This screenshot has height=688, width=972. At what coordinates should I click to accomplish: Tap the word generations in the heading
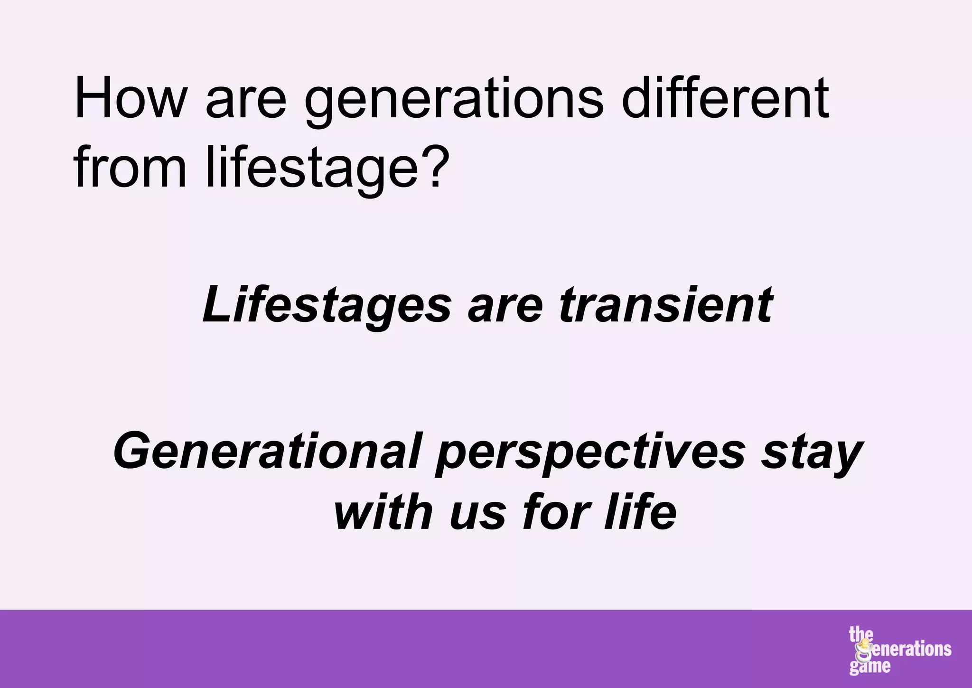[x=453, y=102]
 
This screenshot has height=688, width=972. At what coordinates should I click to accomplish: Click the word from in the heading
[x=130, y=169]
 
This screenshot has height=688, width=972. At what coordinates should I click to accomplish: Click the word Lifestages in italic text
[x=327, y=305]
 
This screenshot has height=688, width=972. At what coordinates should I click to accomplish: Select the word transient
[x=665, y=305]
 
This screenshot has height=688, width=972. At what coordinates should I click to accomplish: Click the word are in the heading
[x=246, y=102]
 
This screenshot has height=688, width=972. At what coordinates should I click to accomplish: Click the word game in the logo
[x=869, y=667]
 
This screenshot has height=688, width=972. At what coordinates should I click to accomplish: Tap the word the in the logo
[x=860, y=634]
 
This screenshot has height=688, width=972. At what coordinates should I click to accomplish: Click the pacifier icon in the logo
[x=866, y=651]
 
